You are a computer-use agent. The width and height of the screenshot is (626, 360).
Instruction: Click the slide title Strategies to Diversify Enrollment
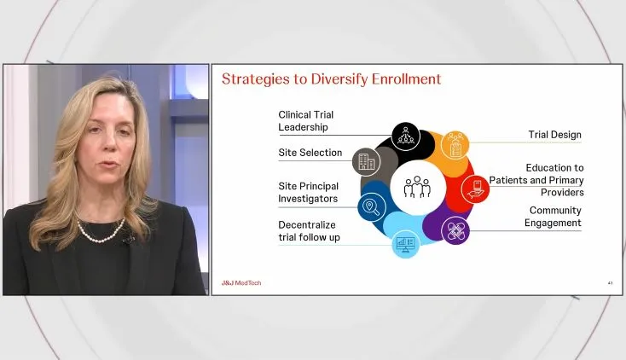pos(331,79)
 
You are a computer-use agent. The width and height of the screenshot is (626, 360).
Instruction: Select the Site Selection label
pos(310,153)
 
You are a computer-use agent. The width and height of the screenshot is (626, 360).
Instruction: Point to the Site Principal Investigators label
pos(308,192)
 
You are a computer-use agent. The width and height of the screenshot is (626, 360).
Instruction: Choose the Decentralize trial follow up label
pos(309,230)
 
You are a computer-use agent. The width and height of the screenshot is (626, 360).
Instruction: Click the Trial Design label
pos(555,134)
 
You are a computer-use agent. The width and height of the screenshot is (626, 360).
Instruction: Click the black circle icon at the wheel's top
pos(404,135)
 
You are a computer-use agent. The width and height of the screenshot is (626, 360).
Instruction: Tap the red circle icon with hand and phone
pos(474,188)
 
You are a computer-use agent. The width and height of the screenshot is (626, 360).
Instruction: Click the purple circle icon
pos(455,230)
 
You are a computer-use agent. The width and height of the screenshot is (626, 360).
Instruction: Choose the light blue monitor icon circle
pos(405,244)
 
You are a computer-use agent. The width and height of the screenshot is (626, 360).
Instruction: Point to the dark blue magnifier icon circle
pos(371,206)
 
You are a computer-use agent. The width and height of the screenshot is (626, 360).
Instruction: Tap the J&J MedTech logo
pos(241,282)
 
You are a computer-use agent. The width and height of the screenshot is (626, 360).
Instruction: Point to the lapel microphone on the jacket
pos(127,239)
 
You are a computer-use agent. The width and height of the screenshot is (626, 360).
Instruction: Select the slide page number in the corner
pos(611,282)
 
